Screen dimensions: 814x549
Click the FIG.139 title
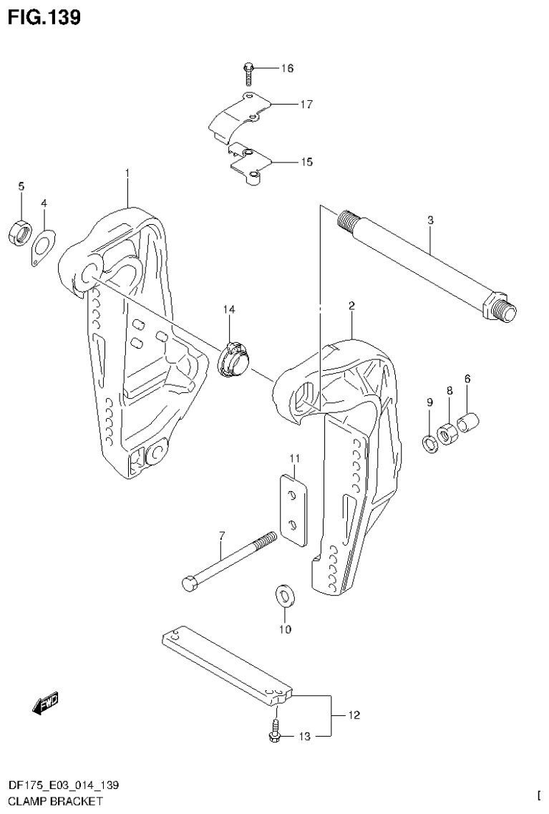pos(44,16)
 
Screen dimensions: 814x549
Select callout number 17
pos(306,105)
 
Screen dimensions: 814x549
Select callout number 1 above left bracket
pos(127,173)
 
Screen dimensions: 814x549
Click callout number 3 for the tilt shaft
pos(430,221)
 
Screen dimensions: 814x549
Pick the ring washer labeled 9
pos(429,443)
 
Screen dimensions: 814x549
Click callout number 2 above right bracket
pos(351,306)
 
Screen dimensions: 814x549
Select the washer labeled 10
pos(284,596)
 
